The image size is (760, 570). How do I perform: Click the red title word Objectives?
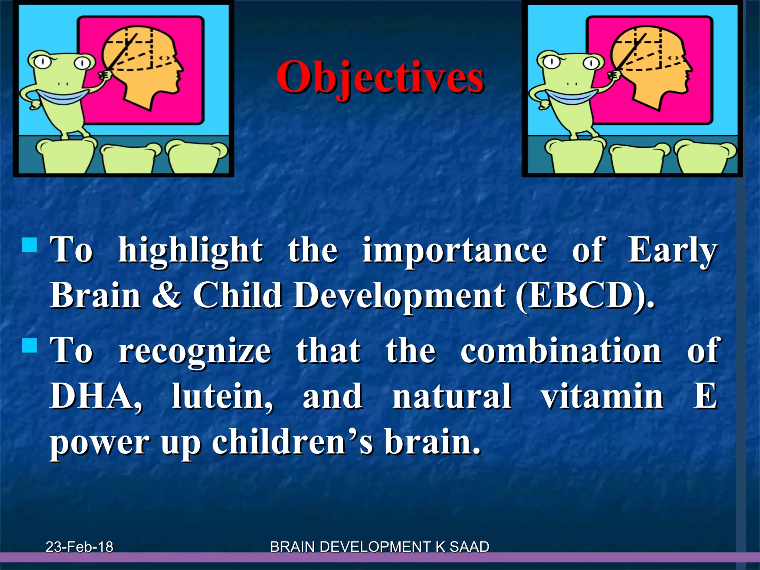click(380, 78)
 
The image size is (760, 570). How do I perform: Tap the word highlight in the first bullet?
click(190, 251)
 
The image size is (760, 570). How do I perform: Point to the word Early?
click(672, 251)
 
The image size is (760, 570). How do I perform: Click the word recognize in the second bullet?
click(195, 351)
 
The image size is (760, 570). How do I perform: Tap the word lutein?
click(222, 396)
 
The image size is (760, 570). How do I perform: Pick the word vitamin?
click(602, 396)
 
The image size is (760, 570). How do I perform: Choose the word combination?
click(561, 351)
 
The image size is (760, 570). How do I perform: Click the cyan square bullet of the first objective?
click(30, 245)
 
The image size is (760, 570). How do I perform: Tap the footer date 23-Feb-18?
click(79, 547)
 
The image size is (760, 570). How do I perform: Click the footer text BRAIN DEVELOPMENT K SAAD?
click(379, 547)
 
